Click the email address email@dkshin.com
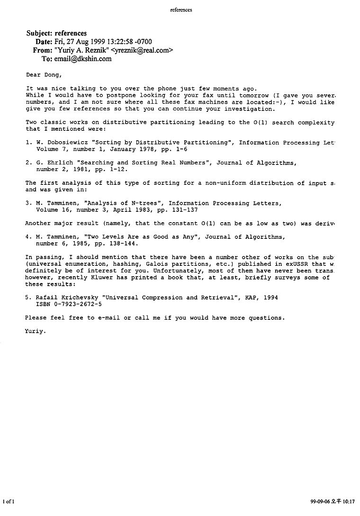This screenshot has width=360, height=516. (83, 59)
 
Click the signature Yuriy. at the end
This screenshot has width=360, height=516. (36, 331)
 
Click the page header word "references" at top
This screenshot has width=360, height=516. (180, 10)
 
